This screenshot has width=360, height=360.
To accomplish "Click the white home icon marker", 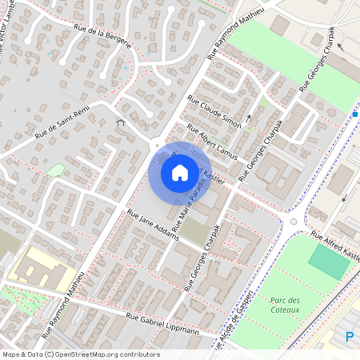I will pos(180,172).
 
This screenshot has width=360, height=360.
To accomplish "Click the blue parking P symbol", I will pos(350,337).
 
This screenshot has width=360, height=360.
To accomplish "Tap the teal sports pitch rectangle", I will pos(329,262).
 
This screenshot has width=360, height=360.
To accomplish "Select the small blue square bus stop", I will pos(355,114).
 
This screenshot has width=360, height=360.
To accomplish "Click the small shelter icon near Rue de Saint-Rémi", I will pos(121,122).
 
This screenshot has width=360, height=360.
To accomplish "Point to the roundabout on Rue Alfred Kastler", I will pos(294,222).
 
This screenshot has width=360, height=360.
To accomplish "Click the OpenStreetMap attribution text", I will pos(80,354).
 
